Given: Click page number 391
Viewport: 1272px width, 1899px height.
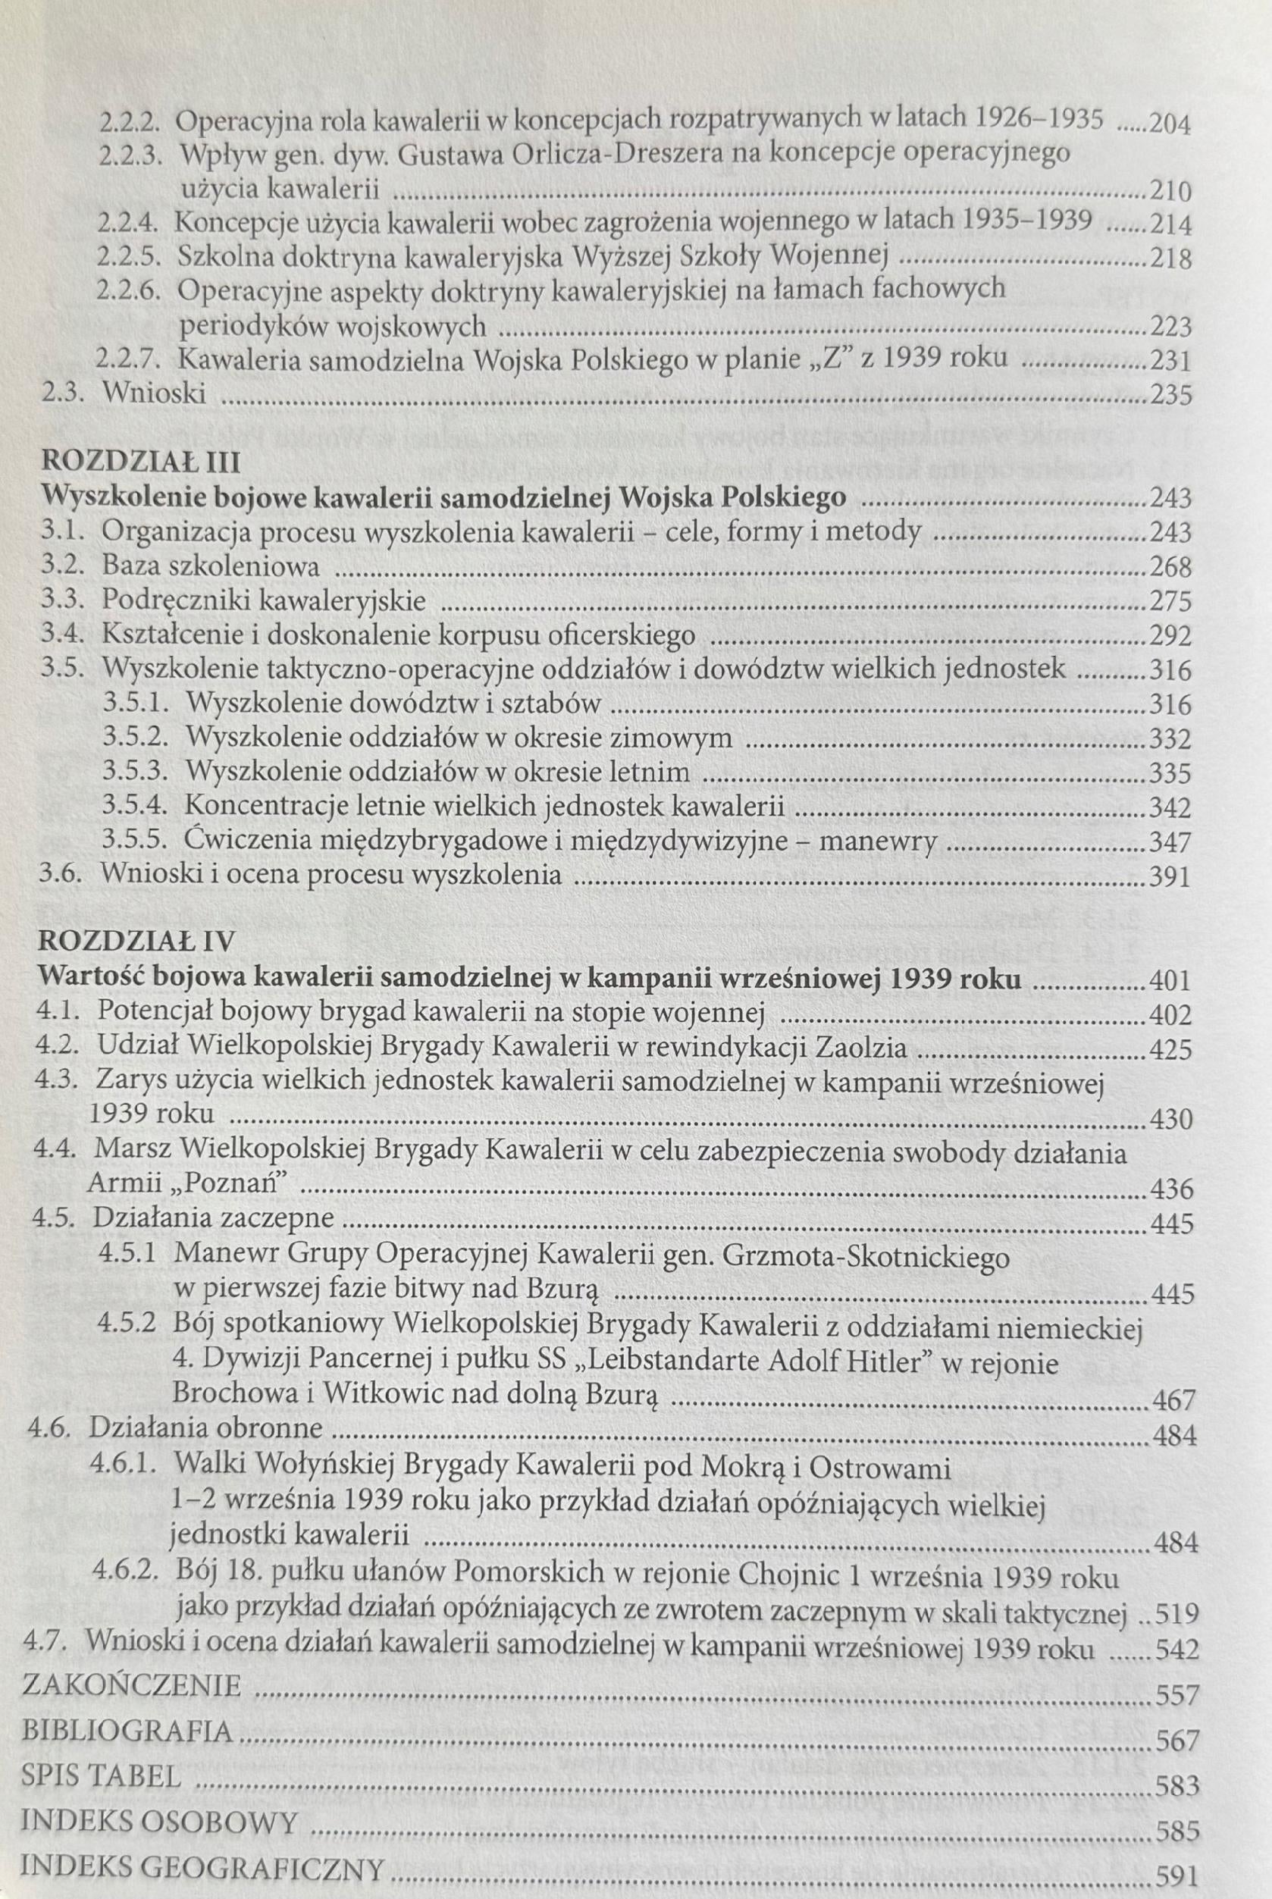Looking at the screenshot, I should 1169,877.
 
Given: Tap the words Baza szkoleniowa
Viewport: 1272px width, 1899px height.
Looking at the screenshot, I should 211,566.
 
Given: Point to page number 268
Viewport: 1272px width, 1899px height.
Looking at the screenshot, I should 1170,566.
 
